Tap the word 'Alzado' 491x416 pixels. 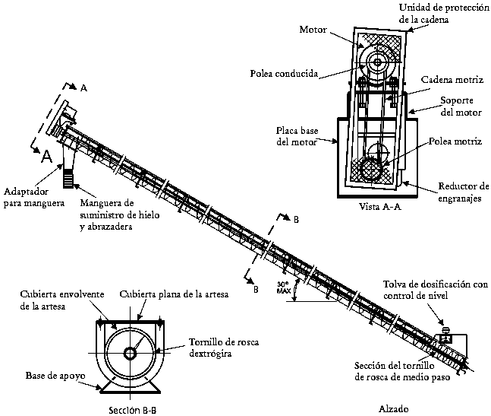pos(394,408)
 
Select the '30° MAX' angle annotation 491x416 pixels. pos(282,287)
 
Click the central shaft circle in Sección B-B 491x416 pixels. pos(130,354)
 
